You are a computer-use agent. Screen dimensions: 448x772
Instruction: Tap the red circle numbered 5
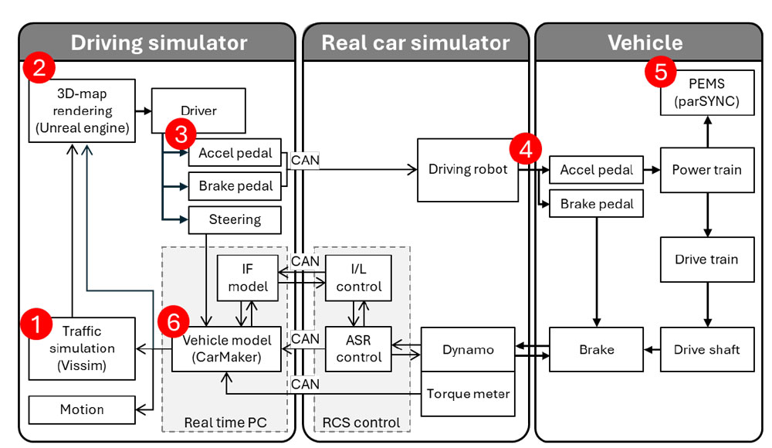pyautogui.click(x=660, y=73)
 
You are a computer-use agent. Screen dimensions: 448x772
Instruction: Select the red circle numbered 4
pyautogui.click(x=526, y=149)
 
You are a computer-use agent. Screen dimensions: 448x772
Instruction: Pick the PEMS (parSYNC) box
pyautogui.click(x=706, y=93)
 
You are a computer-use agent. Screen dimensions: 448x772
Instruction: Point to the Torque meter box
pyautogui.click(x=469, y=394)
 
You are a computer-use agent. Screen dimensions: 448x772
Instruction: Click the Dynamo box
pyautogui.click(x=469, y=350)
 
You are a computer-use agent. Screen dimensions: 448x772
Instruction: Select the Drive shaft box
pyautogui.click(x=706, y=350)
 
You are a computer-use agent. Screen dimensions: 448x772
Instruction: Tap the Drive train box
pyautogui.click(x=706, y=260)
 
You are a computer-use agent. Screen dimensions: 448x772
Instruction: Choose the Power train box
pyautogui.click(x=706, y=169)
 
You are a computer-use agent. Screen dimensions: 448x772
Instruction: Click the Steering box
pyautogui.click(x=235, y=219)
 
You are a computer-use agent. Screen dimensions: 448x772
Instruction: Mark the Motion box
pyautogui.click(x=81, y=409)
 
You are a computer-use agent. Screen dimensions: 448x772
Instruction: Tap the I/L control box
pyautogui.click(x=359, y=278)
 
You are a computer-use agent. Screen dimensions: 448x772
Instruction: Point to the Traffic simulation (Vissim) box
pyautogui.click(x=81, y=348)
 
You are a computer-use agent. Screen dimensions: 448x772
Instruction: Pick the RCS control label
pyautogui.click(x=362, y=422)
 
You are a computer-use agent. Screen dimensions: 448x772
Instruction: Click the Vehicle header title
pyautogui.click(x=645, y=42)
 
